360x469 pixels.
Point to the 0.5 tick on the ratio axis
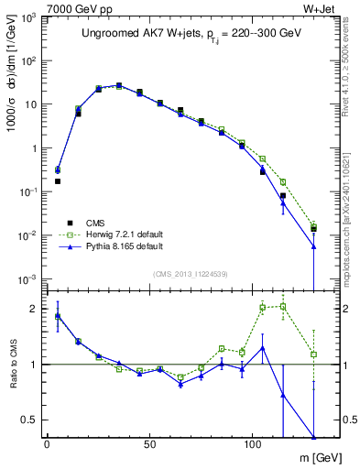pyautogui.click(x=30, y=420)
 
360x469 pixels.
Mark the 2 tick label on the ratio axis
pyautogui.click(x=36, y=309)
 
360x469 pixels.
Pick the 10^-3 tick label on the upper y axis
pyautogui.click(x=27, y=278)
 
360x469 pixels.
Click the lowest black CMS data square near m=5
pyautogui.click(x=58, y=181)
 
